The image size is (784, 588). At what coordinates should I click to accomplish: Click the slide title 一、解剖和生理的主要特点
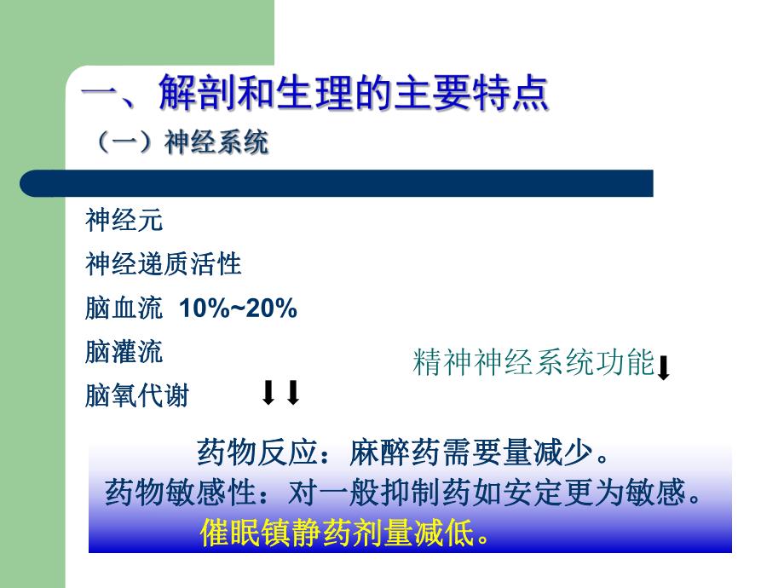pyautogui.click(x=314, y=95)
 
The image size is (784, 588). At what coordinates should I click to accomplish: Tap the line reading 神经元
pyautogui.click(x=124, y=221)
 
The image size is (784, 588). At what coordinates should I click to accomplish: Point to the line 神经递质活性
pyautogui.click(x=163, y=264)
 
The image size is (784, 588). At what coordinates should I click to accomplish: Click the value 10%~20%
pyautogui.click(x=238, y=308)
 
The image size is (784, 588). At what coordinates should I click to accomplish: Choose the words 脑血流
pyautogui.click(x=124, y=308)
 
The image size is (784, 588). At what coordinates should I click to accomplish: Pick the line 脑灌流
pyautogui.click(x=124, y=352)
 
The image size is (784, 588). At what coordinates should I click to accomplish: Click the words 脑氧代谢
pyautogui.click(x=136, y=396)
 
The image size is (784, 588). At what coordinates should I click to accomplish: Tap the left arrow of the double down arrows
pyautogui.click(x=268, y=393)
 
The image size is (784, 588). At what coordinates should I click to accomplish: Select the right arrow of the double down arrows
pyautogui.click(x=293, y=393)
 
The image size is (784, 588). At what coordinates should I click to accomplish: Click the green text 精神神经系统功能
pyautogui.click(x=533, y=364)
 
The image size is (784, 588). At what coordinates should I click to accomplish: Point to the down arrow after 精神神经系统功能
pyautogui.click(x=665, y=367)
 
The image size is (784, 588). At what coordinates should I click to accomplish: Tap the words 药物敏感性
pyautogui.click(x=181, y=493)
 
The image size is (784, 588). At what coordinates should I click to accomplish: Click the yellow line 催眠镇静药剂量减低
pyautogui.click(x=345, y=533)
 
